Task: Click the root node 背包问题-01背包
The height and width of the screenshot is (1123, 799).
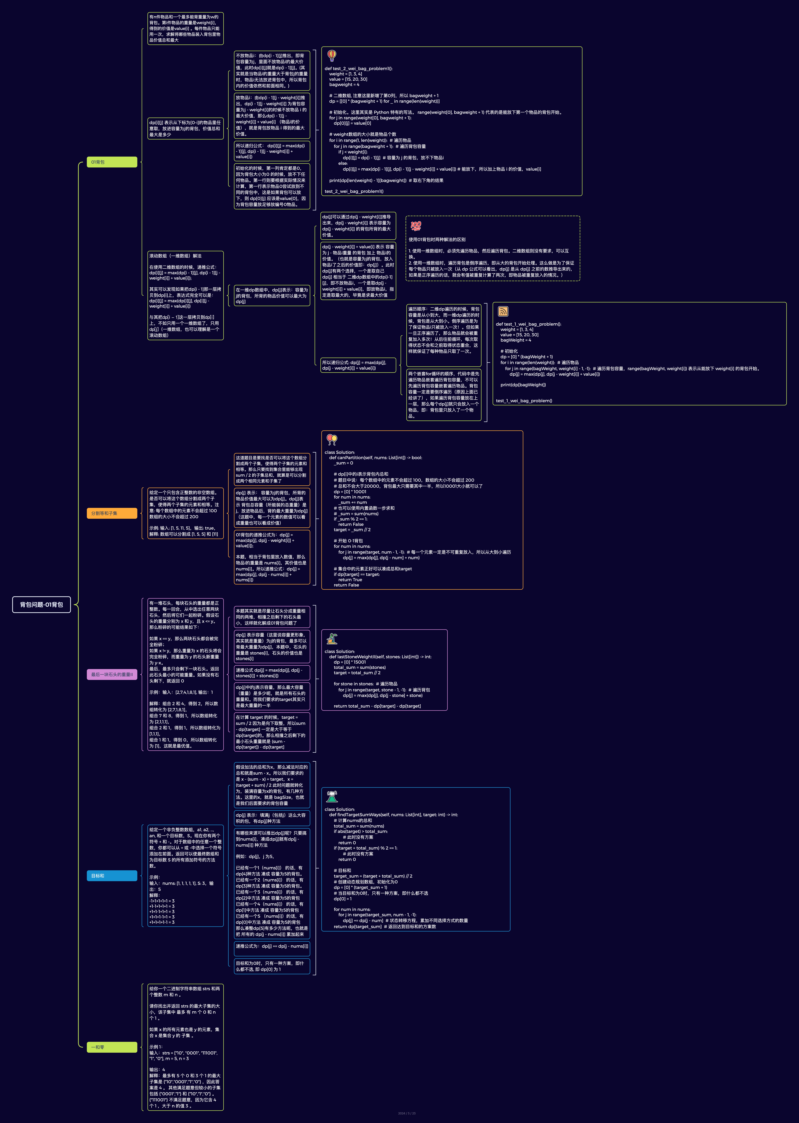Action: (x=41, y=604)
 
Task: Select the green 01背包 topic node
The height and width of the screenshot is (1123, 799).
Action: (x=112, y=162)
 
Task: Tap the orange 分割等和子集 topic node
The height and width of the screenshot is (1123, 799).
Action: (x=112, y=513)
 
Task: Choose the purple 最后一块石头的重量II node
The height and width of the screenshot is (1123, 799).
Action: (x=112, y=674)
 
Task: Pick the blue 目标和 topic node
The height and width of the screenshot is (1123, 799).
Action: (x=112, y=875)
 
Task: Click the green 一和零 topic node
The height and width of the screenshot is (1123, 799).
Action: (x=112, y=1047)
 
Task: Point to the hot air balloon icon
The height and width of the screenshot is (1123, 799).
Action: (x=332, y=55)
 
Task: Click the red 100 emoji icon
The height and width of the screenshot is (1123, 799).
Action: (x=416, y=226)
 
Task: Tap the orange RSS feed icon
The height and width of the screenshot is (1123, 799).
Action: (x=503, y=311)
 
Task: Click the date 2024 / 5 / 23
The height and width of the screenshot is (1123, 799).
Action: (x=406, y=1113)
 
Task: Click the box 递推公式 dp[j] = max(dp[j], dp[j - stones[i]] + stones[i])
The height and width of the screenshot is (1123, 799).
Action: (x=272, y=673)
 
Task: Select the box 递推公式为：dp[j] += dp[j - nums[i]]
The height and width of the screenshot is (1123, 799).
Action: (x=272, y=946)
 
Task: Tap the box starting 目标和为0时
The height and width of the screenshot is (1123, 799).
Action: (x=272, y=966)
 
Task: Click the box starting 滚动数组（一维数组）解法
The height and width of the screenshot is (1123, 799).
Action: (x=185, y=295)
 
